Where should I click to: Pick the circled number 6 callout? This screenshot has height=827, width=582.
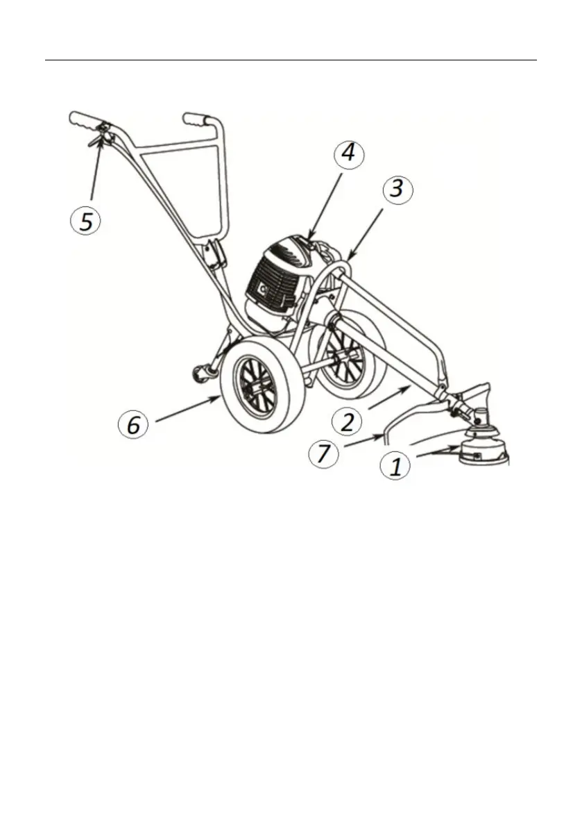134,424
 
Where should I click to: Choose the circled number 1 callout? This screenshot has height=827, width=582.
395,467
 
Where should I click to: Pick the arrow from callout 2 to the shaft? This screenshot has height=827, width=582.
388,400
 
